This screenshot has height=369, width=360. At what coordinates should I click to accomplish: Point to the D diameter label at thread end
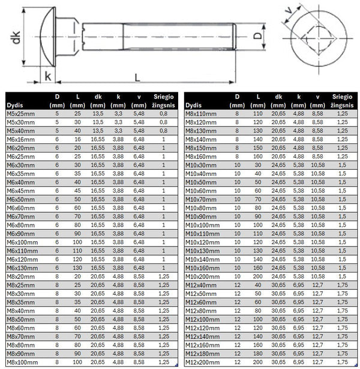point(257,35)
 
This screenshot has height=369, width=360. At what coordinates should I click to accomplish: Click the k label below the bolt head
point(47,77)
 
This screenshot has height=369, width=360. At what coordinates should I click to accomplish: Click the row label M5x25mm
point(22,113)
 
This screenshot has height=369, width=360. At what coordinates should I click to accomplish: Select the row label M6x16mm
point(22,139)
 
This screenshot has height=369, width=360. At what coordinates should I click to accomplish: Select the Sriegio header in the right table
point(343,95)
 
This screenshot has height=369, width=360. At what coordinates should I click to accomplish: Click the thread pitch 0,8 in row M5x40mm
point(163,130)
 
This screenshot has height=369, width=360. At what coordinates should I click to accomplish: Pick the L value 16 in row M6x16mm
point(77,139)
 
